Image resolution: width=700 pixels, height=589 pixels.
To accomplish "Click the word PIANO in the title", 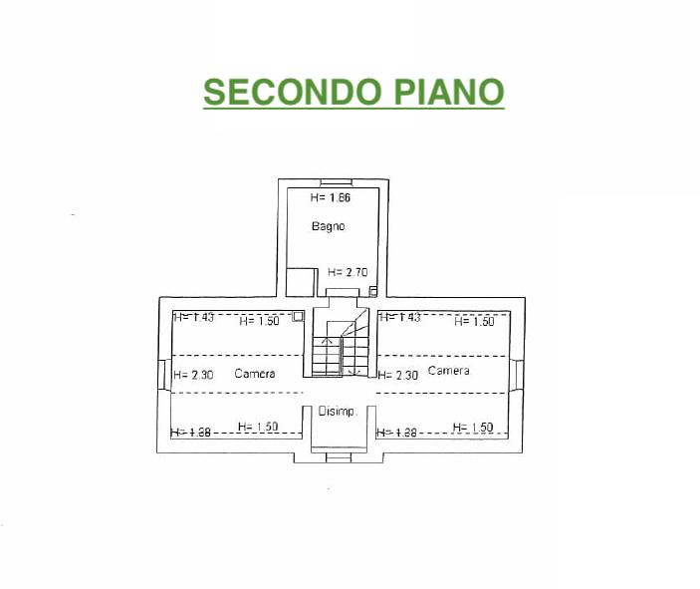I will (445, 92).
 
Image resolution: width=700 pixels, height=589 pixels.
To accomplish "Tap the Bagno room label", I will (328, 226).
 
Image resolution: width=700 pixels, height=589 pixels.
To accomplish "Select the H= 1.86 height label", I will (330, 197).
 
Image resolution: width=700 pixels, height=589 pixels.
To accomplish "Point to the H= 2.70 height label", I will (348, 271).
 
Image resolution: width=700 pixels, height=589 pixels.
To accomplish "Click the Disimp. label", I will (338, 411).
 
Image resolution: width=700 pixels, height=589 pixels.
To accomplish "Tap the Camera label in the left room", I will (255, 374).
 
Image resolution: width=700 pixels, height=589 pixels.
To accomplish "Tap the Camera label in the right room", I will (448, 371).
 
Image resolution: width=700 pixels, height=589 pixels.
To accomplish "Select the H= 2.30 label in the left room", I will (193, 375).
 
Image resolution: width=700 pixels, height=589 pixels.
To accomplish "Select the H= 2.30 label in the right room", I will (397, 375).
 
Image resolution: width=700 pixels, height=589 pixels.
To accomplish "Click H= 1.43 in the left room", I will (193, 318).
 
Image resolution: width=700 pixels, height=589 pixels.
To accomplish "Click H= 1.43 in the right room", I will (399, 317).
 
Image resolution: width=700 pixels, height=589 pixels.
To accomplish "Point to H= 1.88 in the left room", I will (190, 433).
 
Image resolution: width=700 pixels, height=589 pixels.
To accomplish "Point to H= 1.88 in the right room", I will (397, 433).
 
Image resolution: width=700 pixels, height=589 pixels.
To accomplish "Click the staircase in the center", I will (340, 348).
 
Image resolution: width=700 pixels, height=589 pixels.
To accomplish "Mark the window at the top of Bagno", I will (335, 182).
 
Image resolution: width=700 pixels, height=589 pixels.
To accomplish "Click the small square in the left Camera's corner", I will (298, 316).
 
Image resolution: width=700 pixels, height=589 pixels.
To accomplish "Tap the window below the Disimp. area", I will (332, 456).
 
